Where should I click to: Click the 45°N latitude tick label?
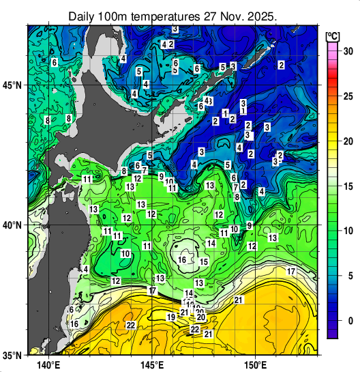tap(12, 86)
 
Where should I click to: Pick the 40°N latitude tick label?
tap(12, 225)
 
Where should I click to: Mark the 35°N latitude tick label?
tap(12, 356)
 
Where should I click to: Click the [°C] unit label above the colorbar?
tap(333, 35)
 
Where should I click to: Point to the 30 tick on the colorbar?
tap(347, 51)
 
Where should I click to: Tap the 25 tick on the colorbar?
tap(347, 96)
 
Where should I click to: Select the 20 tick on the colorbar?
tap(347, 141)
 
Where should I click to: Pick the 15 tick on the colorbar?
tap(347, 186)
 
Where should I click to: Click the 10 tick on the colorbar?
tap(347, 231)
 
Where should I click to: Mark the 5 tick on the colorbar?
tap(347, 276)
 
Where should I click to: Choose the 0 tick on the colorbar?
tap(347, 321)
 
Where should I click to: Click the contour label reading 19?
tap(171, 317)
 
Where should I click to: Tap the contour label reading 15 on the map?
tap(204, 262)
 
